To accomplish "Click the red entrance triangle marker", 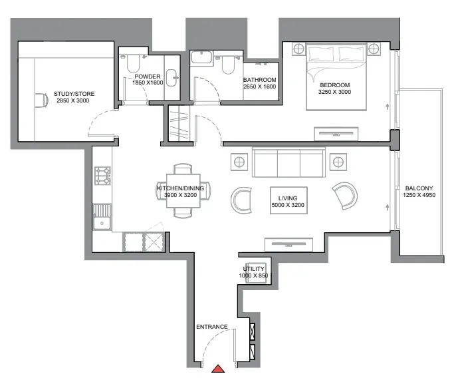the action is coord(218,369).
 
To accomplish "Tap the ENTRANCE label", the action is coord(211,327).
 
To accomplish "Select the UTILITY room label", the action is coord(254,268).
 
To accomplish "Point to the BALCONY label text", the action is coord(419,188).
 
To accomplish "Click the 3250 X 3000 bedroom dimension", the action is coord(334,92).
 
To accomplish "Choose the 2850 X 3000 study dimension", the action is coord(73,100).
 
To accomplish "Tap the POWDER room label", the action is coord(148,77).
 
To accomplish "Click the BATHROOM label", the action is coord(260,79).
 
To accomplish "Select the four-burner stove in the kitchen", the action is coord(102,176).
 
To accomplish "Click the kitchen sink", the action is coord(102,217).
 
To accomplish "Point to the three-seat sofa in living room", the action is coord(288,162).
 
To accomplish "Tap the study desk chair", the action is coord(43,100).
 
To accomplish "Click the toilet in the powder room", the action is coord(133,64).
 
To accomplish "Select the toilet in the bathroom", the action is coord(228,65).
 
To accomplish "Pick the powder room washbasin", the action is coord(171,78).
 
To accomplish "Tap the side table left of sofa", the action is coord(239,162).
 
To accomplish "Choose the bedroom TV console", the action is coord(336,134).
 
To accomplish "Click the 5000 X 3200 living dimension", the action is coord(288,205).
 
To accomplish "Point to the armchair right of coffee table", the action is coord(346,196).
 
